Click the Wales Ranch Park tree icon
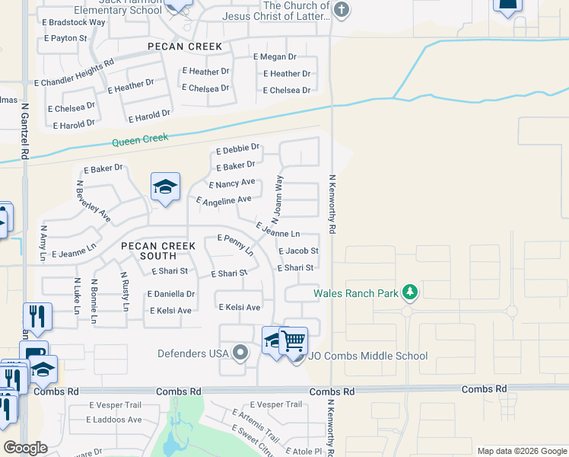410,292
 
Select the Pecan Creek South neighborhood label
157,251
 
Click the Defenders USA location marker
241,352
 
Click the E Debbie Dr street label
238,148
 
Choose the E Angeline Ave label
224,200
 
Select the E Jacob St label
298,251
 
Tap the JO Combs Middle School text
368,356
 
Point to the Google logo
25,448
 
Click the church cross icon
342,10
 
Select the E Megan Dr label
274,57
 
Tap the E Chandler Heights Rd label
74,72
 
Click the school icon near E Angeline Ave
165,187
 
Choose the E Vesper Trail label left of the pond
116,405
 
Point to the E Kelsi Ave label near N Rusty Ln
170,311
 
